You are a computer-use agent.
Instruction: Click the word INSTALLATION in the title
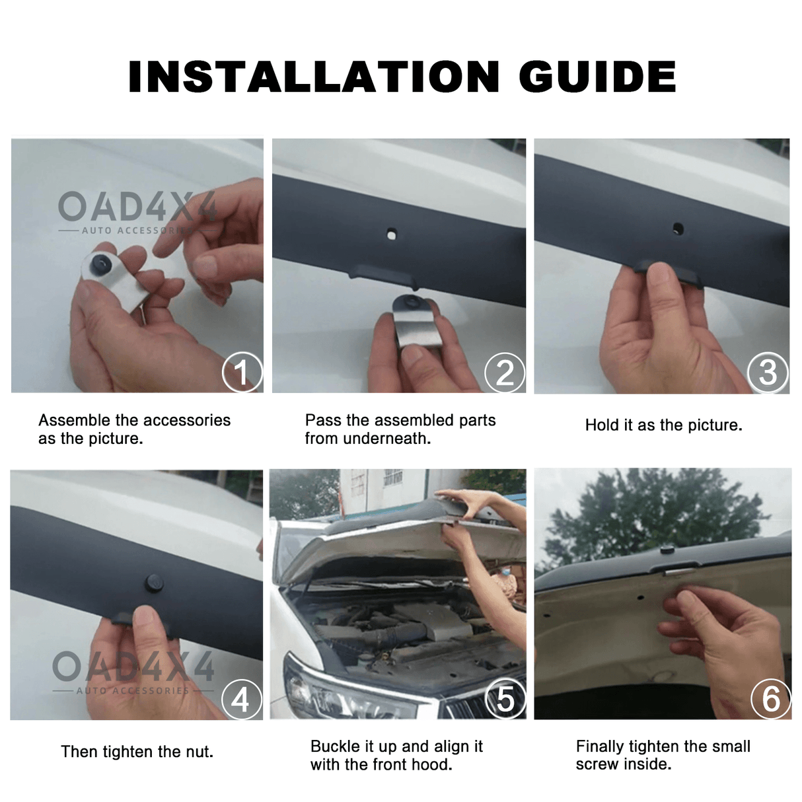(x=314, y=77)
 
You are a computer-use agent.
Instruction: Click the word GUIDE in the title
(x=597, y=77)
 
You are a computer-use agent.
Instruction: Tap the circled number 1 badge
(x=242, y=373)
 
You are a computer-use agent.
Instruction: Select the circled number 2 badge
(x=505, y=373)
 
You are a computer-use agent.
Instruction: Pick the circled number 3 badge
(x=768, y=373)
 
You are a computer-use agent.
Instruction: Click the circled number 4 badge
(x=240, y=699)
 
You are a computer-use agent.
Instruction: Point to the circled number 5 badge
(x=505, y=699)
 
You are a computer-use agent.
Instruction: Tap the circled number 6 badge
(x=771, y=699)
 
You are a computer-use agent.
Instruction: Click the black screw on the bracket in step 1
(x=102, y=264)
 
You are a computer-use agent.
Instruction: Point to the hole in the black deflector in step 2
(x=392, y=234)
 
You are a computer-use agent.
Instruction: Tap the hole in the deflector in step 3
(x=678, y=229)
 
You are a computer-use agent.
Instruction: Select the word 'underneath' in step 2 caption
(x=396, y=439)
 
